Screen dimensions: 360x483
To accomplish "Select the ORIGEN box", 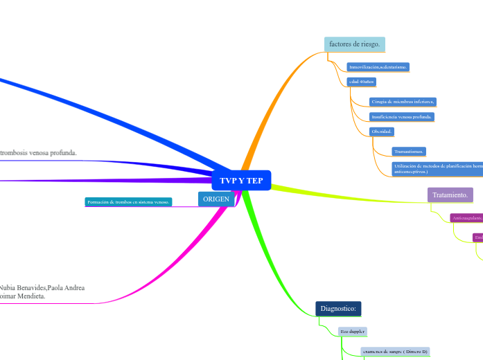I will click(216, 199).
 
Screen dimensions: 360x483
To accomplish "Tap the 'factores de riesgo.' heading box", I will click(354, 44).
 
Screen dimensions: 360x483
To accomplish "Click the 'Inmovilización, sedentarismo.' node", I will click(378, 67).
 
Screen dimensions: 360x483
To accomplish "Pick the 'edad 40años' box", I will click(361, 82).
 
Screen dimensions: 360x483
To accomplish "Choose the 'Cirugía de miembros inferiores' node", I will click(403, 102).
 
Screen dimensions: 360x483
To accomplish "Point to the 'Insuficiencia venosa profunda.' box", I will click(402, 117).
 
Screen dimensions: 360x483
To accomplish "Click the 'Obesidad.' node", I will click(383, 132).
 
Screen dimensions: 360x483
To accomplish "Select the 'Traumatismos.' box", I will click(409, 151).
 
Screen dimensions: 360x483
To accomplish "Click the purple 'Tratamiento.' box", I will click(450, 195).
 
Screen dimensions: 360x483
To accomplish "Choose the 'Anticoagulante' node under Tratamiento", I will click(466, 218).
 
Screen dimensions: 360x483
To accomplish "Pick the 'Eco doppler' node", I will click(353, 332).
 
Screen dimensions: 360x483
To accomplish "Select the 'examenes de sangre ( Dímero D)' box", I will click(395, 351).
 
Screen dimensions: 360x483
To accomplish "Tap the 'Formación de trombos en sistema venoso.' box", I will click(128, 202).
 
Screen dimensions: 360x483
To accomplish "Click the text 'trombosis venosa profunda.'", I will click(38, 152).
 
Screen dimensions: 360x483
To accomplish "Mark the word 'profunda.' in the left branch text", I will click(62, 152).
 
